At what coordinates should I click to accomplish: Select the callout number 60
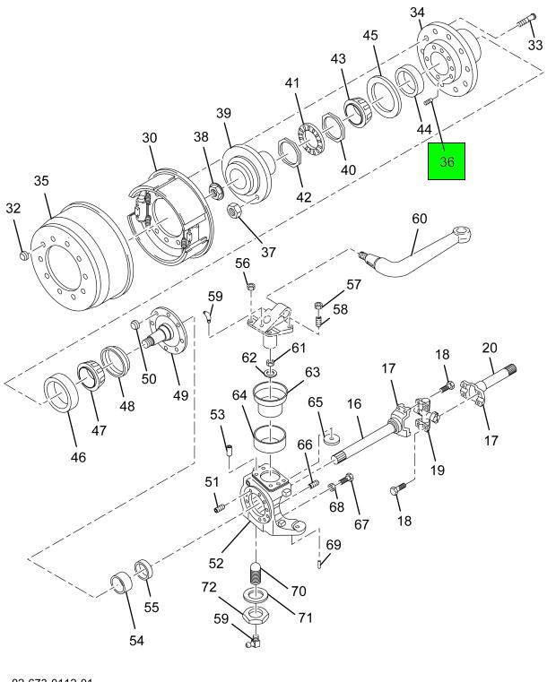coord(420,218)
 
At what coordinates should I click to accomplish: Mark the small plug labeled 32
coord(24,258)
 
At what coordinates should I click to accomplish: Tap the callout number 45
coord(370,35)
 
